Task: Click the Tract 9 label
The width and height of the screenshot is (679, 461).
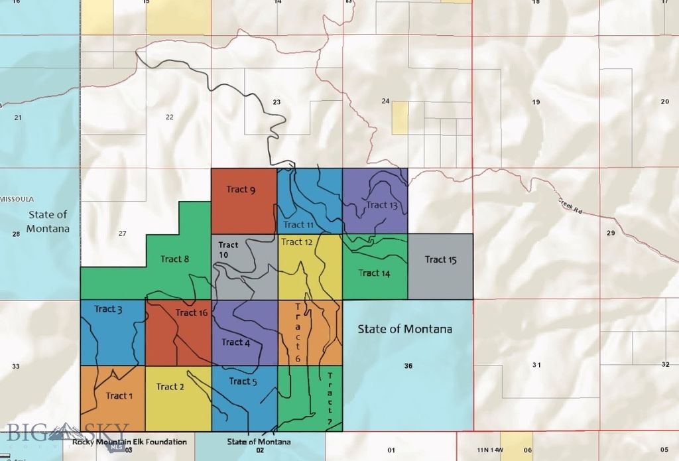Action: [241, 190]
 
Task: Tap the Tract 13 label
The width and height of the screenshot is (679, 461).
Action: [381, 205]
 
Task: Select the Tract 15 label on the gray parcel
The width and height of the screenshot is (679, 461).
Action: [440, 259]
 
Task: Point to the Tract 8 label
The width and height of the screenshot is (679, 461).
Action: [174, 259]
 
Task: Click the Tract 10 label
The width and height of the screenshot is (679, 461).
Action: [228, 250]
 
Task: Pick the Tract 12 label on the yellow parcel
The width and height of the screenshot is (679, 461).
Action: [296, 242]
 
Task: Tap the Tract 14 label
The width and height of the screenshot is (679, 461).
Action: [374, 273]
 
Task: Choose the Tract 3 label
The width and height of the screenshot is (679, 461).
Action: [108, 309]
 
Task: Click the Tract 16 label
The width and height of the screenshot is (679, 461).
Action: [192, 312]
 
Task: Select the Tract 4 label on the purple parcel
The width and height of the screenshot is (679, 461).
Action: [235, 342]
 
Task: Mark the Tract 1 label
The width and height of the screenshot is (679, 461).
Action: [119, 396]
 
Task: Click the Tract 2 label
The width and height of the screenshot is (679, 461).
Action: [170, 387]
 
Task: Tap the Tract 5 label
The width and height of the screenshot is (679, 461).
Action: [243, 381]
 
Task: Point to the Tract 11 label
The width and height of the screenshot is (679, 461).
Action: [298, 225]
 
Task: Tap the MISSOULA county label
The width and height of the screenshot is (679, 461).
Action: [17, 199]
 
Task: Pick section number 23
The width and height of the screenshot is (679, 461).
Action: [277, 102]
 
